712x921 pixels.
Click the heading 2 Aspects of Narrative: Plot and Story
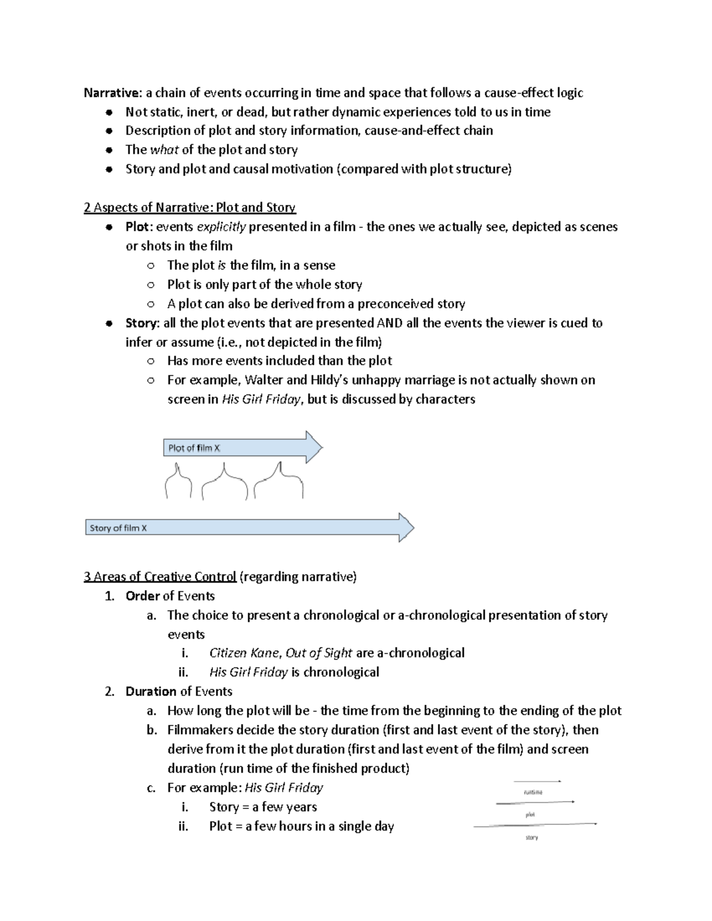click(x=189, y=208)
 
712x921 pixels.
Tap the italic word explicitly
click(x=221, y=227)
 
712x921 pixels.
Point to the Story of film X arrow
click(x=249, y=528)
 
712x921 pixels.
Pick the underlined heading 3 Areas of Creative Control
click(x=160, y=577)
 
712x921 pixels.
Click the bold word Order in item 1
click(x=142, y=596)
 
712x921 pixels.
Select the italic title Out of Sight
click(x=319, y=654)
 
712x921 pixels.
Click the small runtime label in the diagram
click(x=533, y=792)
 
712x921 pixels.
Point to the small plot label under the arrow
click(x=530, y=815)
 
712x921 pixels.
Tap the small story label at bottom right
click(x=532, y=838)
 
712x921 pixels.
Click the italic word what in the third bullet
click(x=164, y=150)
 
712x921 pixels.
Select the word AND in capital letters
click(x=390, y=323)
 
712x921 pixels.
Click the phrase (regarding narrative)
click(x=298, y=577)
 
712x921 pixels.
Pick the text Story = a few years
click(x=263, y=807)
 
